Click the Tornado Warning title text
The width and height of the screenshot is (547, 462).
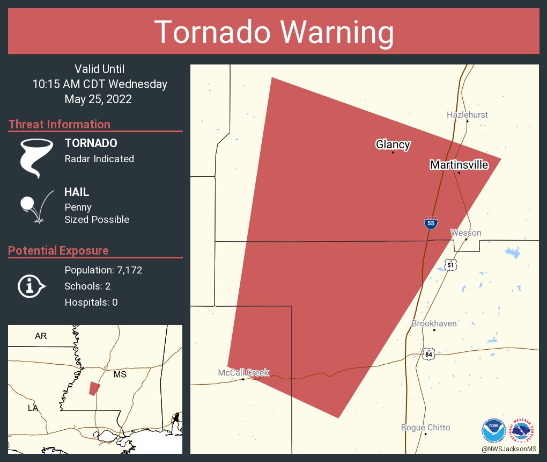click(x=273, y=32)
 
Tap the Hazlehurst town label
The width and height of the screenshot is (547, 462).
click(x=467, y=114)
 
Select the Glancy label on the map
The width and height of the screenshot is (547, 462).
click(x=393, y=144)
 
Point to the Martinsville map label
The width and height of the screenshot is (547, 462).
click(x=459, y=165)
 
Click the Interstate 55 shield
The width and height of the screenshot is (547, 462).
click(x=430, y=223)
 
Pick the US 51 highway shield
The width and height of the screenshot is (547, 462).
click(x=450, y=264)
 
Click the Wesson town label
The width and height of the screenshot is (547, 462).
click(x=465, y=233)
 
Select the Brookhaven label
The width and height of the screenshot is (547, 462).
click(x=434, y=323)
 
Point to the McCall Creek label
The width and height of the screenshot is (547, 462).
click(x=243, y=372)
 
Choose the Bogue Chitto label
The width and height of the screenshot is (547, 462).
click(x=425, y=428)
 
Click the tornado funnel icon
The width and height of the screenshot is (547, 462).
click(x=36, y=158)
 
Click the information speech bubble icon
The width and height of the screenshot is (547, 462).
click(x=31, y=286)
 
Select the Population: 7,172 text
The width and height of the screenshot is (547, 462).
click(x=103, y=270)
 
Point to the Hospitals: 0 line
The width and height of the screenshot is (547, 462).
click(x=91, y=302)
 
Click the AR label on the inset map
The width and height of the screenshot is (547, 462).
click(x=41, y=336)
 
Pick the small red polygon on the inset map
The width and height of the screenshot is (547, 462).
click(x=94, y=388)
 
